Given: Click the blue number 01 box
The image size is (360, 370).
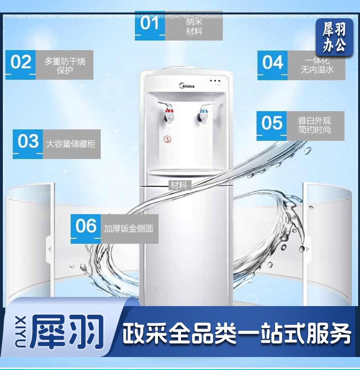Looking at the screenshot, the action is click(x=150, y=26).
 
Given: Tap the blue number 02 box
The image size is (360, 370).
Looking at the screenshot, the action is click(x=21, y=65).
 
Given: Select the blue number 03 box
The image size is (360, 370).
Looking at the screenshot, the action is click(x=28, y=144).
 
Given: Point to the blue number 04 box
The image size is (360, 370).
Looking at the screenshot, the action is click(x=272, y=65).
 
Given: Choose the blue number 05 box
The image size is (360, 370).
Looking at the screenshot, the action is click(x=272, y=126).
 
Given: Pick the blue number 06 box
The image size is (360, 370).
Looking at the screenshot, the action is click(x=85, y=229).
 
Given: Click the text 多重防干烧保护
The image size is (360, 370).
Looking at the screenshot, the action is click(x=65, y=66).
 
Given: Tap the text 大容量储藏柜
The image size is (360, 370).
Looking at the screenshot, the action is click(x=71, y=144).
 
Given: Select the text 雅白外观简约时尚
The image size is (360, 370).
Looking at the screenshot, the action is click(x=314, y=125).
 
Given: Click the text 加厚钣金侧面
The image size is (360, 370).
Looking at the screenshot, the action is click(x=129, y=229).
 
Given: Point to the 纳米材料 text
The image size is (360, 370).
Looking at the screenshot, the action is click(x=194, y=26).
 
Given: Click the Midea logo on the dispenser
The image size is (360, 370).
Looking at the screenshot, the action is click(x=187, y=86).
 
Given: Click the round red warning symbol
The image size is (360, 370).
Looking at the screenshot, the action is click(x=168, y=139).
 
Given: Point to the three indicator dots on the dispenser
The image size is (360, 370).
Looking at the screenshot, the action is click(x=215, y=81).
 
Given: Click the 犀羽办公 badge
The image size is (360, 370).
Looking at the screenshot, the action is click(x=334, y=37).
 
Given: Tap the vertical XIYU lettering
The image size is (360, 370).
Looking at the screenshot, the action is click(x=21, y=332).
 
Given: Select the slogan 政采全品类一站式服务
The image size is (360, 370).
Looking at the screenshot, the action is click(x=237, y=333).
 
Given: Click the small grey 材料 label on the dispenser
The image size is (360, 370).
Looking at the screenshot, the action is click(x=180, y=185).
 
